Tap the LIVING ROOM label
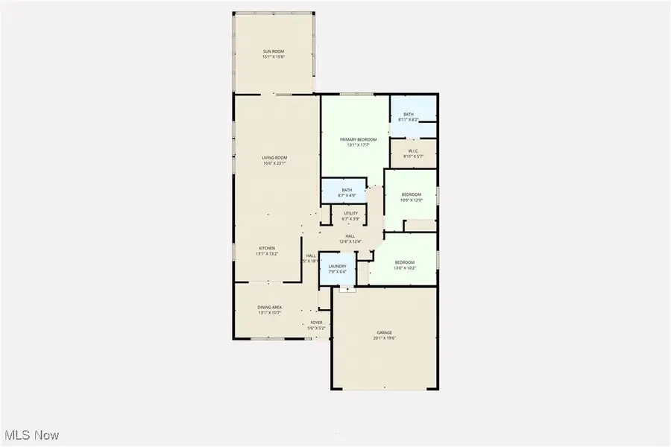pos(274,157)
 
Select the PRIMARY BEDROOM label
pos(358,139)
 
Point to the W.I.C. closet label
pos(413,150)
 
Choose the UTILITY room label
pos(350,214)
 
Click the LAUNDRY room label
pos(337,266)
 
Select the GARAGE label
pos(384,332)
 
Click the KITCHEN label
pos(267,247)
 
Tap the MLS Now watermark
pos(31,434)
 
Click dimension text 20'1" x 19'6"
pos(384,337)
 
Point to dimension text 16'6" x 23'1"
pos(274,162)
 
